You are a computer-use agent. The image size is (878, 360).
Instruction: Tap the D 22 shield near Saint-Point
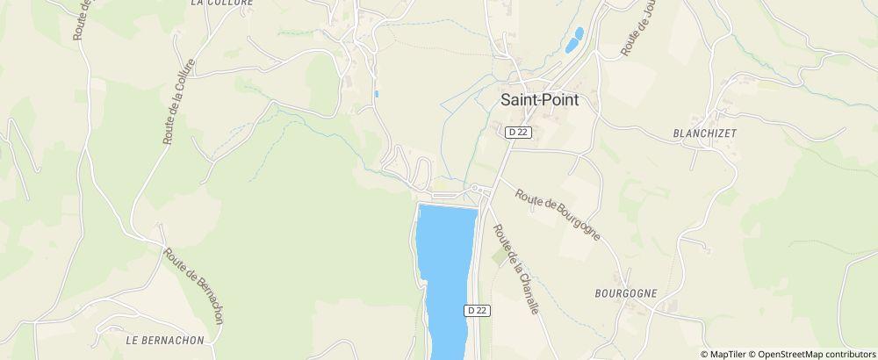click(518, 133)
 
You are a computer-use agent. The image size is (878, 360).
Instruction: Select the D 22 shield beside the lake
click(477, 310)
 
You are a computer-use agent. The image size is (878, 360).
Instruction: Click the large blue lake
click(446, 263)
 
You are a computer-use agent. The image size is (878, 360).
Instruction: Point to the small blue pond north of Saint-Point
click(574, 40)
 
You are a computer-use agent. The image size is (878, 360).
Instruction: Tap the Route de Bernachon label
click(193, 285)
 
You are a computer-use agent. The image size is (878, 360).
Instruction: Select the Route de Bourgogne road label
click(558, 214)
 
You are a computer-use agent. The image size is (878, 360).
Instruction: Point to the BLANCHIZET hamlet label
click(704, 133)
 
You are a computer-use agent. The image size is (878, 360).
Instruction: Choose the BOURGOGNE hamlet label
click(625, 293)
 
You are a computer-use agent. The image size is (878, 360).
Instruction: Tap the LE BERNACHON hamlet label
click(165, 340)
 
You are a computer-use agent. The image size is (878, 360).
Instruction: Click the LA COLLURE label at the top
click(221, 3)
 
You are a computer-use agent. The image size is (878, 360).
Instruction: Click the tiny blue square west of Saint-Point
click(377, 93)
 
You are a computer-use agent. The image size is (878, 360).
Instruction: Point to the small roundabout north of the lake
click(475, 189)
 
